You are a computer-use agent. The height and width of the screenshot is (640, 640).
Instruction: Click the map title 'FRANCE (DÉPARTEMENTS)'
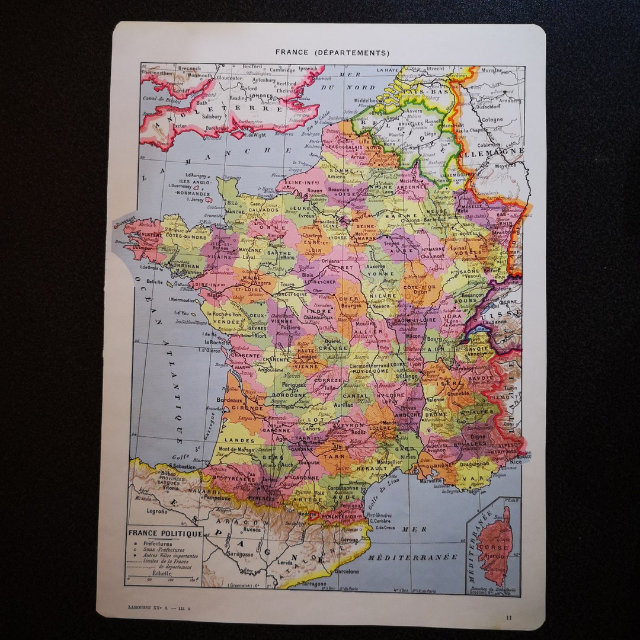332,52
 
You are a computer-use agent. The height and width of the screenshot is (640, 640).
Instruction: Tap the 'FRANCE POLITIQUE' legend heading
165,533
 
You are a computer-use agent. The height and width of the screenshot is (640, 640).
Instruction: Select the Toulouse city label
309,462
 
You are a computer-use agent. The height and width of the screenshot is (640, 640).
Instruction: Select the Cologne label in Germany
492,119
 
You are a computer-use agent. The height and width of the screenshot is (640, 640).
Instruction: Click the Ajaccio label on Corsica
495,556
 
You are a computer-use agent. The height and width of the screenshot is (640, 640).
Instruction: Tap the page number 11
508,617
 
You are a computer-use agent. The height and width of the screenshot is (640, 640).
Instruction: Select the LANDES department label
239,440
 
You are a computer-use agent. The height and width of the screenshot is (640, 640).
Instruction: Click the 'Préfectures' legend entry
158,543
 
